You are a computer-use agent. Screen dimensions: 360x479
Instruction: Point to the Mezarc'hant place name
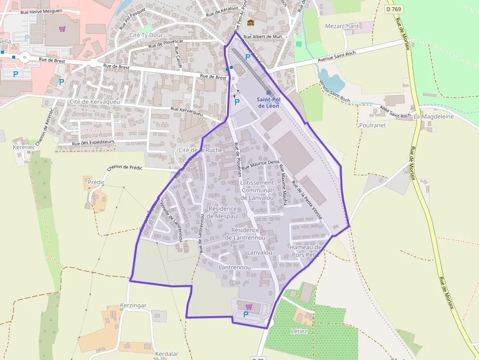point(342,26)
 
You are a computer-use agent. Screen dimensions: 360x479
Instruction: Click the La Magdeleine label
point(434,117)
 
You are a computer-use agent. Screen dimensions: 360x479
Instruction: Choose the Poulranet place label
point(372,125)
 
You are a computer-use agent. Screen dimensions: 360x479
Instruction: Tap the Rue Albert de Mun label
point(263,37)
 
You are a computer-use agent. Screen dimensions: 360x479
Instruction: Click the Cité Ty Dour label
point(146,35)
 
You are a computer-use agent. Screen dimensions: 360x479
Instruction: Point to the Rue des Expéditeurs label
point(93,143)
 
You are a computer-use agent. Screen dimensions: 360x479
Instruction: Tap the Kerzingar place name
point(133,305)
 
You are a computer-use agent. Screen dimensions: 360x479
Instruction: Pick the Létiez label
point(299,331)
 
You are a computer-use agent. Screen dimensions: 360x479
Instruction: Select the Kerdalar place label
point(167,354)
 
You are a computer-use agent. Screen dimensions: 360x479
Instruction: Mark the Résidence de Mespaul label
point(223,212)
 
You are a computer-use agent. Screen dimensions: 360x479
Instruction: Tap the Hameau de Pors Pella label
point(305,251)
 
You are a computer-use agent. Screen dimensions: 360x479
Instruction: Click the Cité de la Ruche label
point(200,150)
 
